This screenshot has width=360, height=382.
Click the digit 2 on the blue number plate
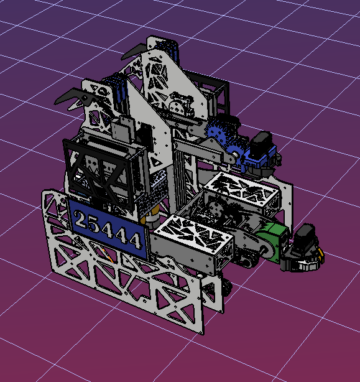point(80,220)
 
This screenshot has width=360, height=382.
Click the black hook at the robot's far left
point(71,97)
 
